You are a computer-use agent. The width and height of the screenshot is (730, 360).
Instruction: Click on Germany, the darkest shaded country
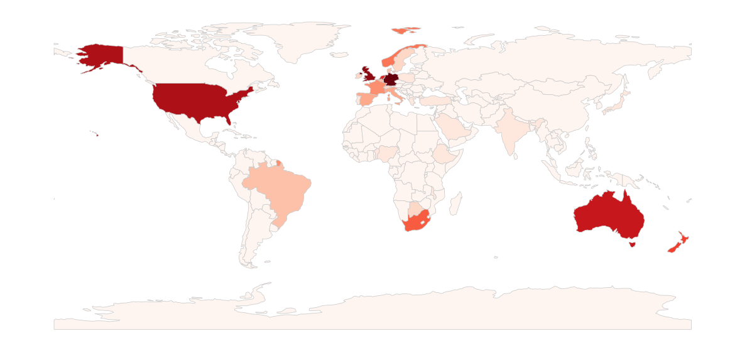[x=391, y=80]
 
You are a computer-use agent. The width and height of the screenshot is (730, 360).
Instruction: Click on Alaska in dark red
[x=101, y=57]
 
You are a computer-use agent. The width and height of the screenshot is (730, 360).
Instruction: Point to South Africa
[x=415, y=223]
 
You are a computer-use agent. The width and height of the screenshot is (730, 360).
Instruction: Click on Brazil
[x=280, y=185]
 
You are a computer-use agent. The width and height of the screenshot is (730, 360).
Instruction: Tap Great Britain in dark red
[x=369, y=76]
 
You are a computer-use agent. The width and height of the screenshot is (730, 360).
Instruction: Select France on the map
[x=376, y=88]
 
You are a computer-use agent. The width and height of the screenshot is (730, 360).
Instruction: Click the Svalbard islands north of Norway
[x=405, y=29]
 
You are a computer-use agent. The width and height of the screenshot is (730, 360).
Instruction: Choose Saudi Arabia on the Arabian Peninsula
[x=449, y=126]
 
